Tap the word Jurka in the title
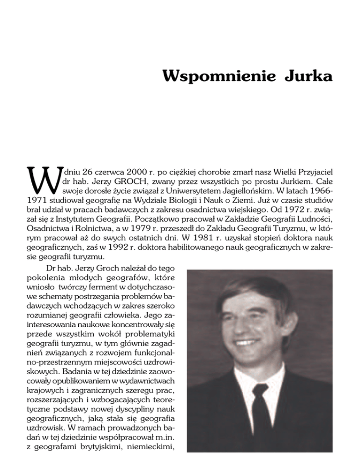point(308,75)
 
